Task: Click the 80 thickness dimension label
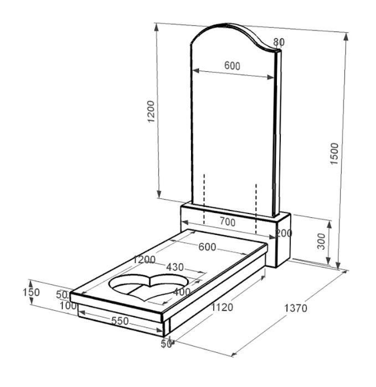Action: (279, 42)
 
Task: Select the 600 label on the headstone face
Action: (232, 66)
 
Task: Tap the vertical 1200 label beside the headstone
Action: (151, 111)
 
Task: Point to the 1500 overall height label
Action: (334, 154)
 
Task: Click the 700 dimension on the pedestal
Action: (228, 222)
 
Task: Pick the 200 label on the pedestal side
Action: (284, 233)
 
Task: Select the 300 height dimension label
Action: (321, 241)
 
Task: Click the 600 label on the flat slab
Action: (207, 247)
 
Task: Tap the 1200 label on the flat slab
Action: (145, 259)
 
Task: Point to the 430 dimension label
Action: (175, 267)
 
